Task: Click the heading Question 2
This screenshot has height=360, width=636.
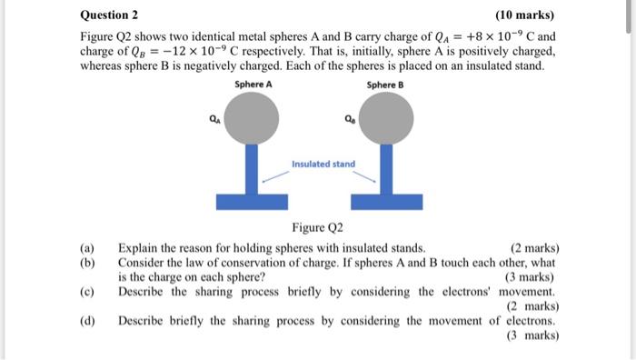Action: [109, 15]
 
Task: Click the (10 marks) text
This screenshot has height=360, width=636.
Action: [524, 15]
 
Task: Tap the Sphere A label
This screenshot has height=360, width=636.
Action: [253, 85]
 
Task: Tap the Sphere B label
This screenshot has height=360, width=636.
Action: [384, 85]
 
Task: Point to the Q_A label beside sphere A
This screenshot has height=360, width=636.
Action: [214, 117]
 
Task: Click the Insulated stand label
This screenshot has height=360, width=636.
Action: [323, 165]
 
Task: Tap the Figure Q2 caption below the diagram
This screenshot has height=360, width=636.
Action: [318, 227]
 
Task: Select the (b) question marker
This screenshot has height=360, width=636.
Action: [87, 262]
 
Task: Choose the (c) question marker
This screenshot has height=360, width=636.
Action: [87, 292]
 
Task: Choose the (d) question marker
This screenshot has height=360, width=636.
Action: [87, 321]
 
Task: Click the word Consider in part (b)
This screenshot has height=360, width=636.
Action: [143, 262]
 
